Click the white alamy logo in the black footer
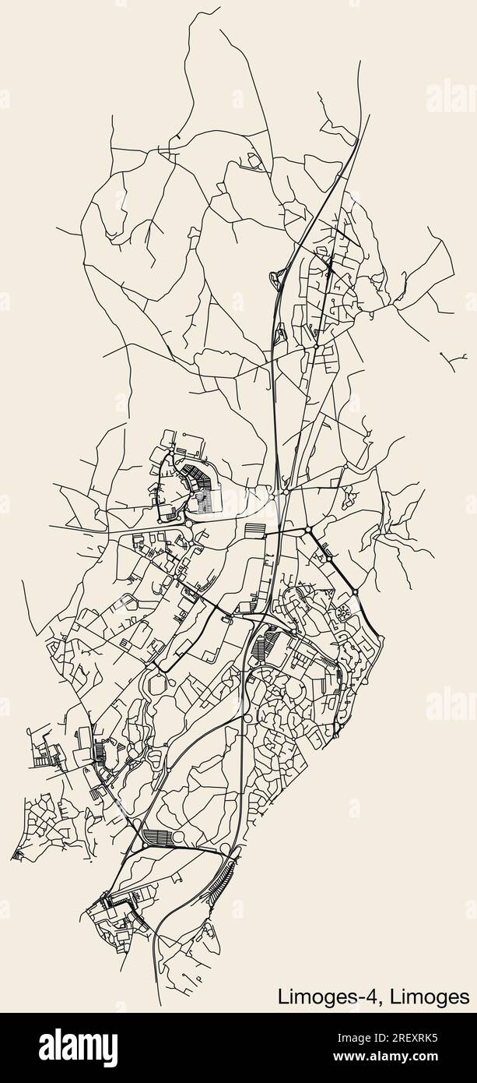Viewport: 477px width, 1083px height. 78,1047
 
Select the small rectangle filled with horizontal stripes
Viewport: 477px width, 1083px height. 254,530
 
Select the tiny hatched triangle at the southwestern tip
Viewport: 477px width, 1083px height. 16,855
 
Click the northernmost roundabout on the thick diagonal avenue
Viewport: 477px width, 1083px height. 308,530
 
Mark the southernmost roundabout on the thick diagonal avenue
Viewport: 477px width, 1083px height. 355,593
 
